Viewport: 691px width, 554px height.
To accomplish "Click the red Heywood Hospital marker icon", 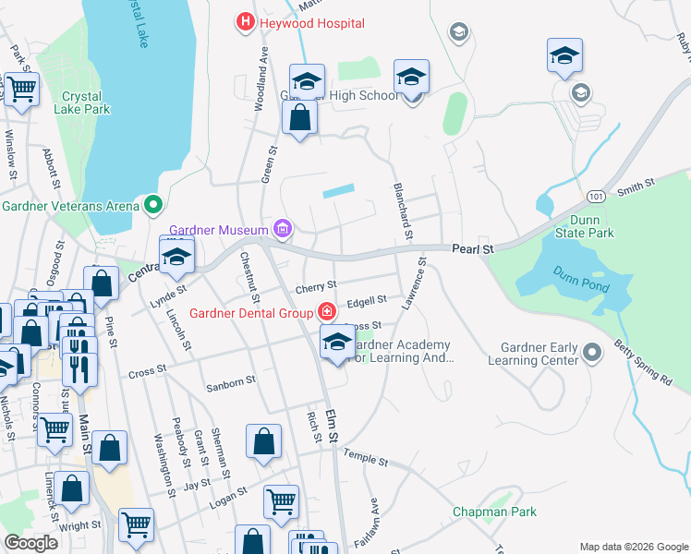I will click(245, 22).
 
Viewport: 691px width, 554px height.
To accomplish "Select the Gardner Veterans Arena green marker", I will click(153, 204).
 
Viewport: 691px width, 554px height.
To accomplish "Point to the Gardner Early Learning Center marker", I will click(594, 350).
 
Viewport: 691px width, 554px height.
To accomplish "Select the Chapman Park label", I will click(494, 512).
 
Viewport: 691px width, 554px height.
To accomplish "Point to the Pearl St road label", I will click(473, 249).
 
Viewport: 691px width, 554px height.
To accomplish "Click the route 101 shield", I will click(595, 197).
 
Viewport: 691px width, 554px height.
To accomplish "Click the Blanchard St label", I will click(402, 204).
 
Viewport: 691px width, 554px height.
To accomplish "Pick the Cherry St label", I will click(316, 285).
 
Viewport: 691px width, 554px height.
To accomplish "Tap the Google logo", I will click(30, 543).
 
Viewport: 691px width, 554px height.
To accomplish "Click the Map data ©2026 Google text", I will click(633, 547).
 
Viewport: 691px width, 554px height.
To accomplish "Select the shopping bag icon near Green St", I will click(299, 119).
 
